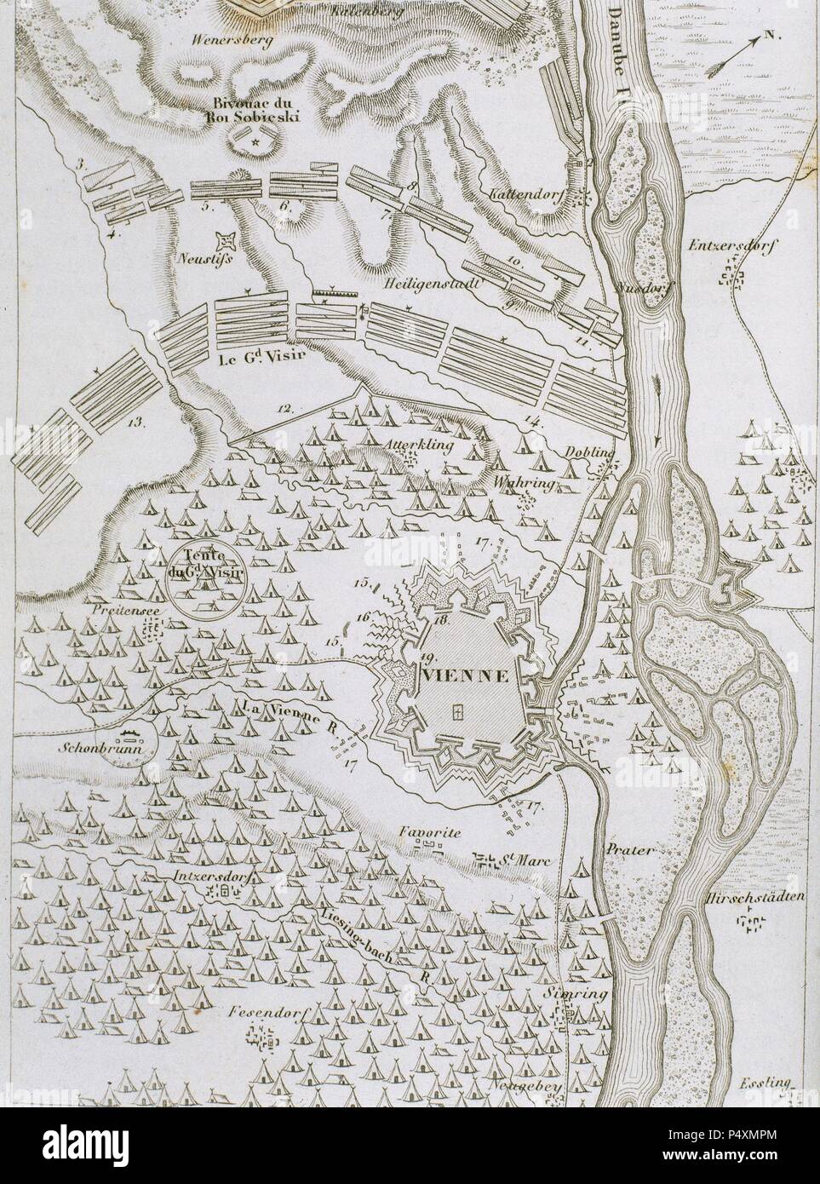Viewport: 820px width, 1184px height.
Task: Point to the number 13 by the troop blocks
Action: (135, 420)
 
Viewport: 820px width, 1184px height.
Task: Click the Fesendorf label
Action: (272, 1014)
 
